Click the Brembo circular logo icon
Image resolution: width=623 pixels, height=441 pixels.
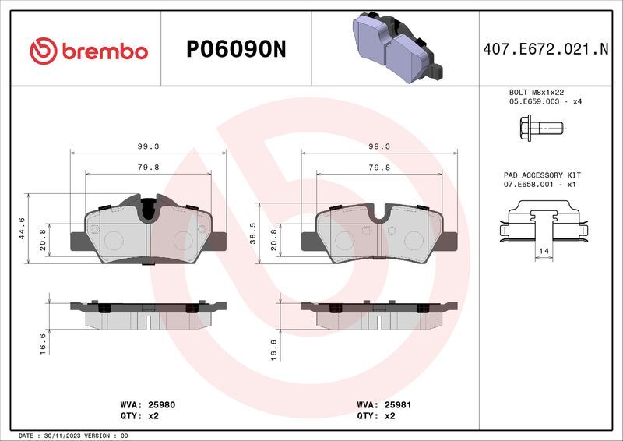pyautogui.click(x=44, y=51)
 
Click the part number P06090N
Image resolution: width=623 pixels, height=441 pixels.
pyautogui.click(x=236, y=49)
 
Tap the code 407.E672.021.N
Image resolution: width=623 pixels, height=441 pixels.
pyautogui.click(x=546, y=49)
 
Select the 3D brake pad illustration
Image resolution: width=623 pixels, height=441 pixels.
pyautogui.click(x=398, y=48)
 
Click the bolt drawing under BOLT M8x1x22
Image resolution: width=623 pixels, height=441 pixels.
pyautogui.click(x=541, y=128)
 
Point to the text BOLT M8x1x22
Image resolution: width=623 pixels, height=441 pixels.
pyautogui.click(x=537, y=92)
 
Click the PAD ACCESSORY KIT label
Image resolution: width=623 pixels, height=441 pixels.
pyautogui.click(x=542, y=175)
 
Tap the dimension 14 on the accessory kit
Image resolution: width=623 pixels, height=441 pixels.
pyautogui.click(x=544, y=251)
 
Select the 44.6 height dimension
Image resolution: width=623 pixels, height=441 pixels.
pyautogui.click(x=22, y=228)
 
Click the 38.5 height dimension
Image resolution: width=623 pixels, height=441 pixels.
pyautogui.click(x=252, y=234)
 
